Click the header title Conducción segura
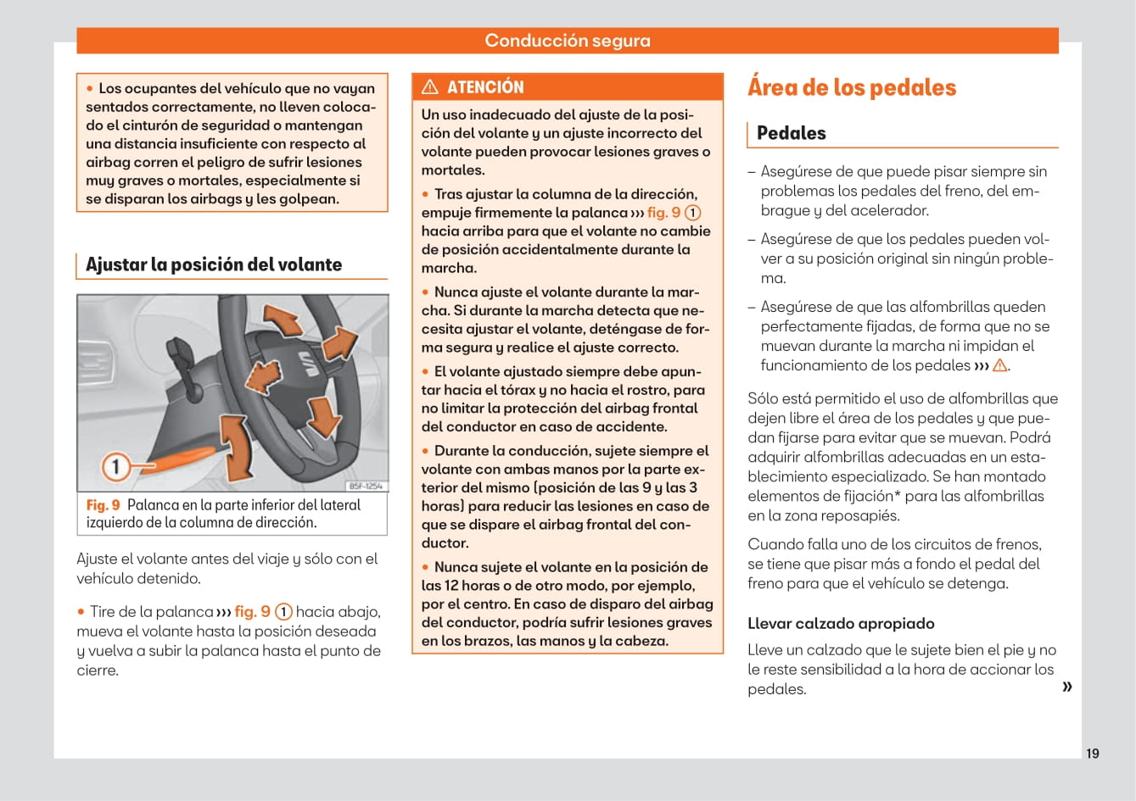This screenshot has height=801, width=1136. (x=567, y=41)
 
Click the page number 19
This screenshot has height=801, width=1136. (x=1092, y=754)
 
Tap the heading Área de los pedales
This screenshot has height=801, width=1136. (x=851, y=87)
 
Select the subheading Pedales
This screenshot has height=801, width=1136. (x=791, y=133)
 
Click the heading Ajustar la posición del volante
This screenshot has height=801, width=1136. (x=214, y=264)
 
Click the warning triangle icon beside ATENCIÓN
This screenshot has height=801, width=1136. (x=430, y=86)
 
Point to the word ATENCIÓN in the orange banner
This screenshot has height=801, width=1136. (x=485, y=87)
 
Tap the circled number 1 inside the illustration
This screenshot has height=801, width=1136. (x=116, y=465)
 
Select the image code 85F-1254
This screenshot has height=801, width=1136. (x=367, y=486)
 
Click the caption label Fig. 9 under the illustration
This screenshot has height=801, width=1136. (x=103, y=505)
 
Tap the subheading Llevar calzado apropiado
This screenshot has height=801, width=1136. (x=841, y=624)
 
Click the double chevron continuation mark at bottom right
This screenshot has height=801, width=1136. (x=1066, y=687)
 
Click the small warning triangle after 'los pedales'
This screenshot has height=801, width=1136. (x=999, y=365)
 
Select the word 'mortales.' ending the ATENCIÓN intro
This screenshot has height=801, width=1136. (x=453, y=170)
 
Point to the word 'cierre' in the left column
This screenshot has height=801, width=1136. (x=96, y=670)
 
